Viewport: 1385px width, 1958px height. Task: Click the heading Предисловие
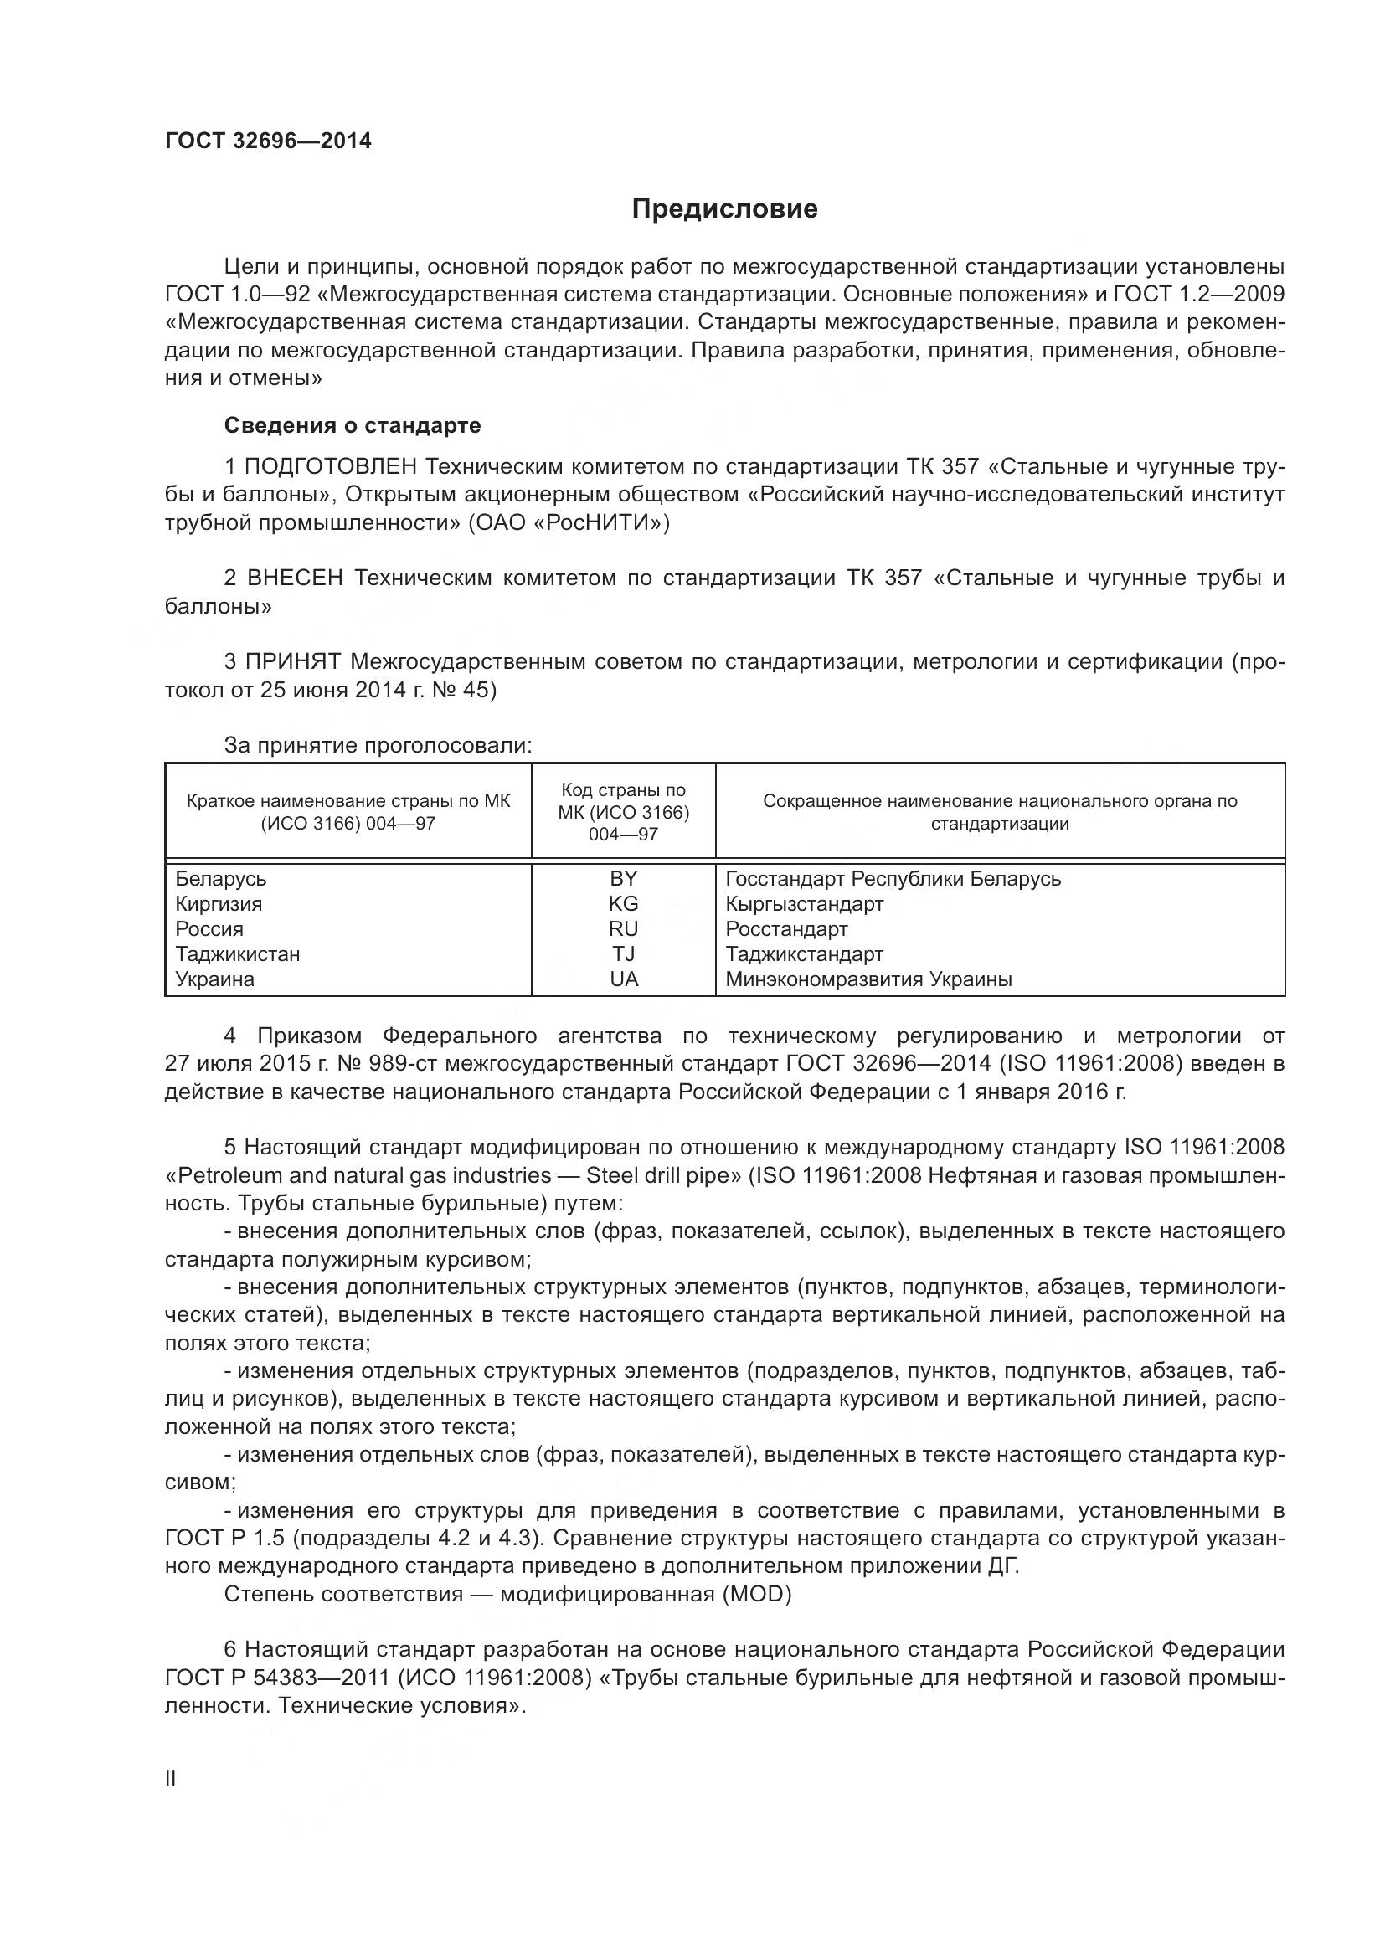724,209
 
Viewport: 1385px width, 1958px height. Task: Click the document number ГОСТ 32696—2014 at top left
268,141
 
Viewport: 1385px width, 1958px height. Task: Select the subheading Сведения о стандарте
353,424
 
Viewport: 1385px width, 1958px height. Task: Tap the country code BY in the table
624,878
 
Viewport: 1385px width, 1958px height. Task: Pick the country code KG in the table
624,903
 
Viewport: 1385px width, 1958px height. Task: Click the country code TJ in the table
624,953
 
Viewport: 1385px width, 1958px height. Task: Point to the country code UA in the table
624,979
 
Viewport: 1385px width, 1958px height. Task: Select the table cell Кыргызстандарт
803,903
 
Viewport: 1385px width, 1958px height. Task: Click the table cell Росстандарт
786,928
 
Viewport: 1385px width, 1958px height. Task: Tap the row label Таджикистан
237,953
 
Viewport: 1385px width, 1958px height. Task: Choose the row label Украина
215,979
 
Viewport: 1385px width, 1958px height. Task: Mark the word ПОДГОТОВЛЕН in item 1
331,466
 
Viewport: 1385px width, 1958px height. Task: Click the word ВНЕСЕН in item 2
295,578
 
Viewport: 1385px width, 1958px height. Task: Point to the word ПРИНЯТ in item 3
293,662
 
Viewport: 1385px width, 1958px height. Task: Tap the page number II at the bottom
171,1778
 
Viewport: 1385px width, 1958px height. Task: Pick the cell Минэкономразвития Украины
868,979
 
